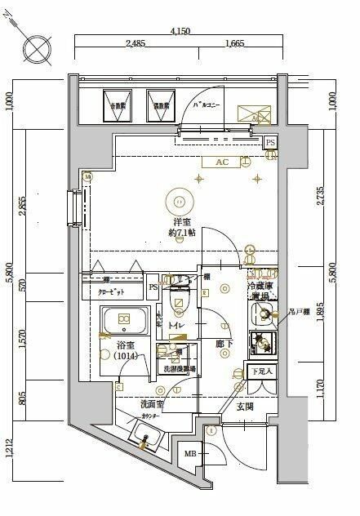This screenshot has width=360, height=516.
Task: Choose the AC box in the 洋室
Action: tap(221, 162)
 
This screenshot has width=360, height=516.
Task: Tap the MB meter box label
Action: tap(189, 453)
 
